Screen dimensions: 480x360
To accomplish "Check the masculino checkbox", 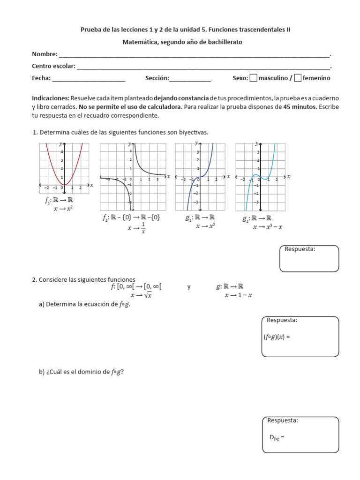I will tap(254, 78).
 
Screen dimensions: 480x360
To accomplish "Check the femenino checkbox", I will tap(298, 78).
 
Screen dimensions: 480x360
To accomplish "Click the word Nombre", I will tap(44, 54).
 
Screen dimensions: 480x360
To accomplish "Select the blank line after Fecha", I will tap(89, 79).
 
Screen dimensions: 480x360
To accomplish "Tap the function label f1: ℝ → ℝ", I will tap(59, 200).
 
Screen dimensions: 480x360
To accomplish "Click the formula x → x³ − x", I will tap(268, 227).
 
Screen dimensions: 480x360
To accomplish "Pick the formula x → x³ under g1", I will tap(205, 226).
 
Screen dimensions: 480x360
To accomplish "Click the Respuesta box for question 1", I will tap(309, 258).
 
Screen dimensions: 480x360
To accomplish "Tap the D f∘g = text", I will tap(277, 438).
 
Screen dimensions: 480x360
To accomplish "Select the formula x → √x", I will tap(141, 295).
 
